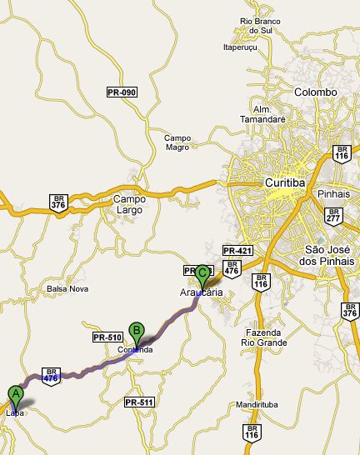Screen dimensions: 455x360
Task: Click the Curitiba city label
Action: pos(287,182)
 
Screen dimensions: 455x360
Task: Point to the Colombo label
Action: pos(316,92)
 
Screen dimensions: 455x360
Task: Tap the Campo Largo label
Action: pos(129,204)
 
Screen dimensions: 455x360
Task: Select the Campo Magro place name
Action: pos(177,142)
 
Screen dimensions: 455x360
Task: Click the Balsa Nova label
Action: pos(67,288)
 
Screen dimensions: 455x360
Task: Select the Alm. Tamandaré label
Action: pos(269,114)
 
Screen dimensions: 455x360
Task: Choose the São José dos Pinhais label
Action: pos(329,255)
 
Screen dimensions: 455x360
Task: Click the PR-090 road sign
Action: pos(122,92)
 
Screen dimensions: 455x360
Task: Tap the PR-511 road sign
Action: pos(138,402)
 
